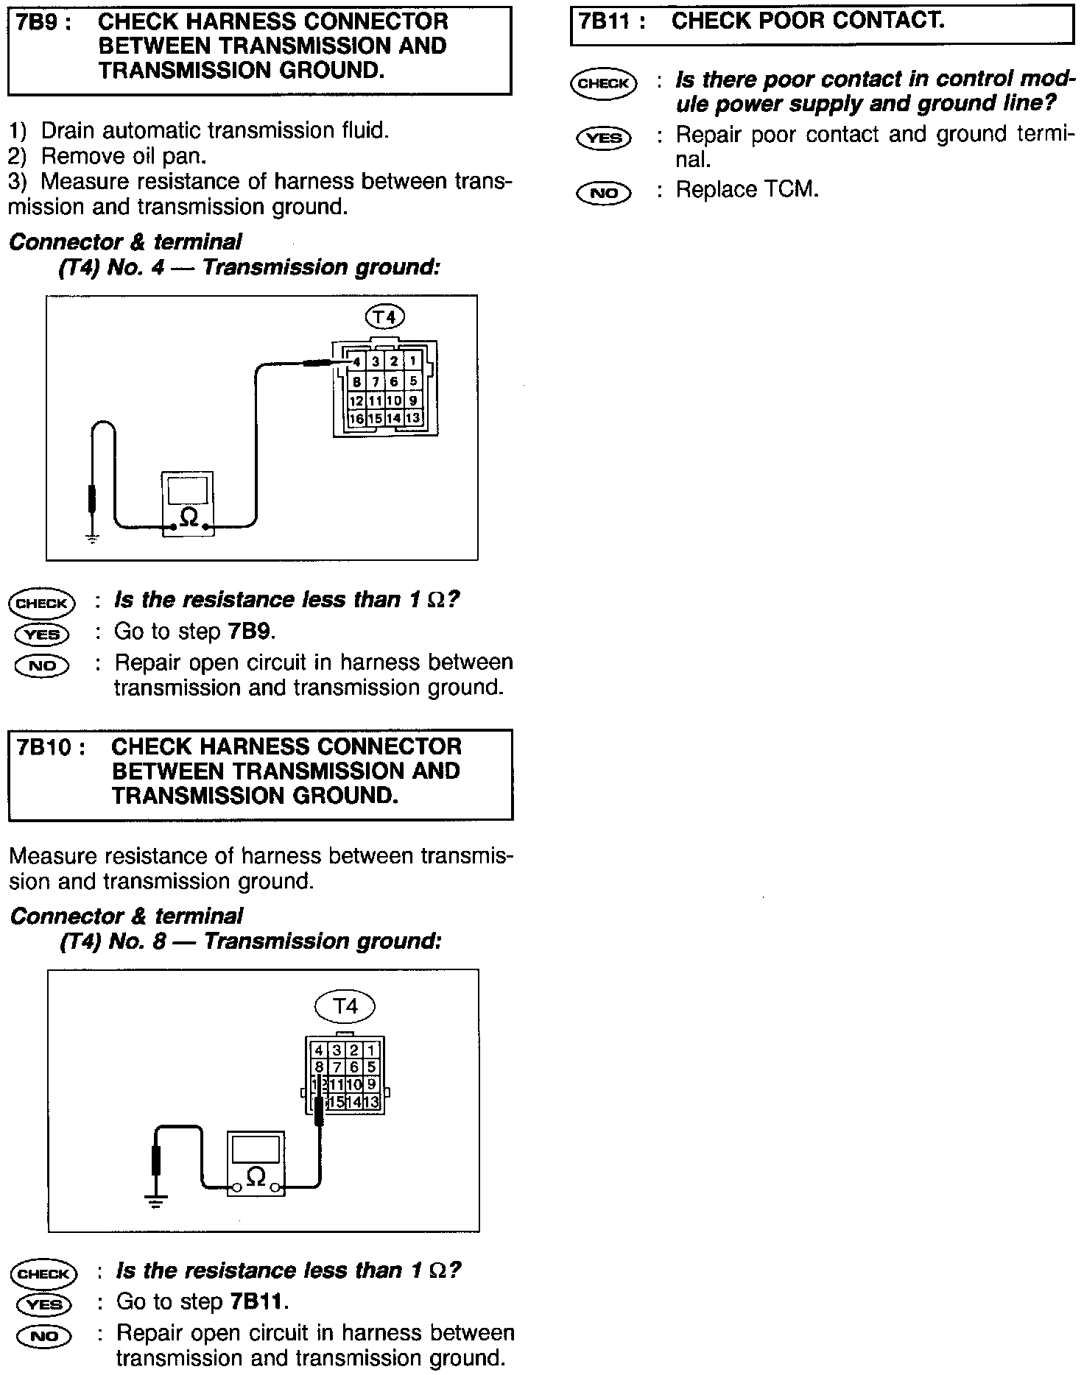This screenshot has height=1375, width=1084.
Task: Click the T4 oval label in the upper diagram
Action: pyautogui.click(x=384, y=317)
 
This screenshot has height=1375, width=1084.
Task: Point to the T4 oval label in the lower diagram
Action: pyautogui.click(x=345, y=1006)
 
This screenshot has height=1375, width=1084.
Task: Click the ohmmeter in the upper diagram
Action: pyautogui.click(x=189, y=504)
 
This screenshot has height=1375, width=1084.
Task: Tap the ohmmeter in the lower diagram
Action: pyautogui.click(x=256, y=1164)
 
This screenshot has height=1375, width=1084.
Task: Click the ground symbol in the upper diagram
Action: pyautogui.click(x=92, y=539)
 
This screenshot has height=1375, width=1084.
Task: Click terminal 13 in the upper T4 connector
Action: pyautogui.click(x=413, y=418)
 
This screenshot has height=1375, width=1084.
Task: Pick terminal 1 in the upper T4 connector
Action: pyautogui.click(x=413, y=361)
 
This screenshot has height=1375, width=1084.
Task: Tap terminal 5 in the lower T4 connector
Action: pyautogui.click(x=371, y=1067)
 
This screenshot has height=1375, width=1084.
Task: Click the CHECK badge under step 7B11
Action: pyautogui.click(x=604, y=83)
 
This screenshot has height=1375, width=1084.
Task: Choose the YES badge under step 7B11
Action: pyautogui.click(x=604, y=138)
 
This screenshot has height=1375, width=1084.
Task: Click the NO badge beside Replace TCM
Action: pyautogui.click(x=604, y=193)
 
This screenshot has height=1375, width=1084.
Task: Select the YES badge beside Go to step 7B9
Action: pyautogui.click(x=42, y=634)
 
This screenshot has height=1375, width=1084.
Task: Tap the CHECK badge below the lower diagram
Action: pyautogui.click(x=43, y=1274)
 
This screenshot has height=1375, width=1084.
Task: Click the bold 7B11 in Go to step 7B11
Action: pyautogui.click(x=256, y=1301)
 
